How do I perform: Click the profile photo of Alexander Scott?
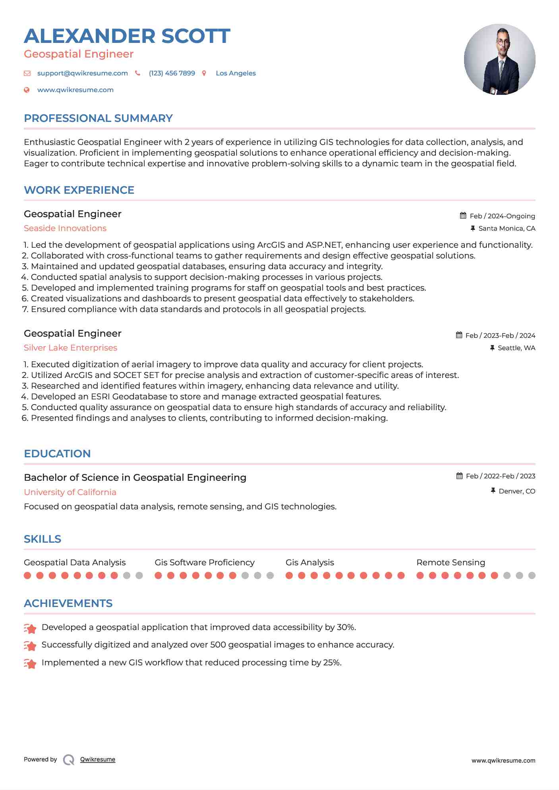[499, 60]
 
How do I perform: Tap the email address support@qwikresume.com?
[82, 73]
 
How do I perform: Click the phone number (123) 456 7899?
[172, 73]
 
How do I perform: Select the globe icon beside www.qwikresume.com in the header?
[27, 90]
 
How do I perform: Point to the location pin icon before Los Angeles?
[204, 73]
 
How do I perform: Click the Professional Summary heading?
[98, 118]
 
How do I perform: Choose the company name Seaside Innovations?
[65, 228]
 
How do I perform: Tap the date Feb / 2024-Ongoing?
[502, 216]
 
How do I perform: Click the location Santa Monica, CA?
[507, 228]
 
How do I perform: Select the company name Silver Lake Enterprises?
[70, 348]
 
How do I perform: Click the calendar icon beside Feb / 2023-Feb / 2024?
[459, 335]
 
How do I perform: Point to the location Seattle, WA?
[516, 348]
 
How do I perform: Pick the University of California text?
[70, 492]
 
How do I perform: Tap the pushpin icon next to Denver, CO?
[493, 491]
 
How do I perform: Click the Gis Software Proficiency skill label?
[204, 563]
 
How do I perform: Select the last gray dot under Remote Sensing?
[532, 575]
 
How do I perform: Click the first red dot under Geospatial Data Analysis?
[27, 575]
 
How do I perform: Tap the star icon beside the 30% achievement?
[30, 628]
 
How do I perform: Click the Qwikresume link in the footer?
[98, 759]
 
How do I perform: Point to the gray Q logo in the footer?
[69, 760]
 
